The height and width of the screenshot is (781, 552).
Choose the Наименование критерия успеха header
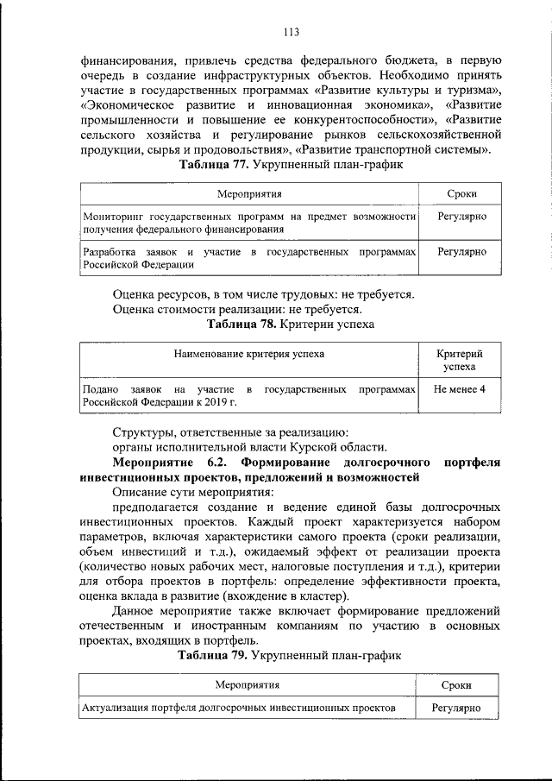tap(249, 354)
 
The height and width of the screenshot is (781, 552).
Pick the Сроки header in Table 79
tap(456, 685)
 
